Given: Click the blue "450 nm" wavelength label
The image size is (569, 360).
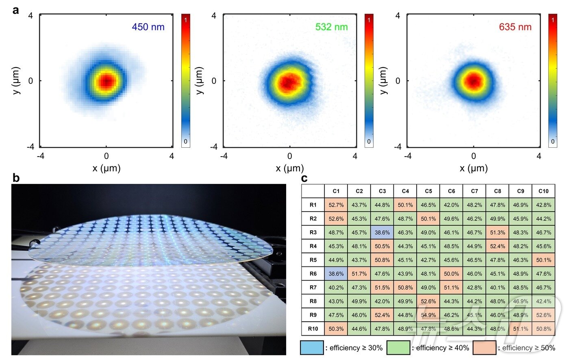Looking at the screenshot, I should pyautogui.click(x=148, y=27).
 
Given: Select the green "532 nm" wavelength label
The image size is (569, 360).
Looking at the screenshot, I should pyautogui.click(x=331, y=27).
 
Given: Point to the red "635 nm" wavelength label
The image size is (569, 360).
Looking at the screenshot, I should pyautogui.click(x=515, y=27).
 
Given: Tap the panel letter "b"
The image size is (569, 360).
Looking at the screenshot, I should pyautogui.click(x=16, y=178).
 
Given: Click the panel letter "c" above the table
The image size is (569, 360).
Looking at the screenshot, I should pyautogui.click(x=304, y=178).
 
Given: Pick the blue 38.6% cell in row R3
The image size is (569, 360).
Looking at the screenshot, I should pyautogui.click(x=382, y=233).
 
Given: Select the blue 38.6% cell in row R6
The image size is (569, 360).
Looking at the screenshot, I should pyautogui.click(x=336, y=274).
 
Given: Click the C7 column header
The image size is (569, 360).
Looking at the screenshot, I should pyautogui.click(x=474, y=191).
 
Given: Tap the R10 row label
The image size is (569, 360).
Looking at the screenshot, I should pyautogui.click(x=313, y=329).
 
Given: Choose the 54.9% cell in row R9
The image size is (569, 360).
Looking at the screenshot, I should pyautogui.click(x=428, y=315).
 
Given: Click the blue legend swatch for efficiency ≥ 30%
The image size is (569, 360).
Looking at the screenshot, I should pyautogui.click(x=312, y=348).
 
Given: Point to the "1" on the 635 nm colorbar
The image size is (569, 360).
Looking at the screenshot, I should pyautogui.click(x=553, y=20).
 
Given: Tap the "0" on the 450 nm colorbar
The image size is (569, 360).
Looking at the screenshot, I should pyautogui.click(x=186, y=142).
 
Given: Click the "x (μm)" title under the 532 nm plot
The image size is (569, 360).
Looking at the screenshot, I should pyautogui.click(x=290, y=168).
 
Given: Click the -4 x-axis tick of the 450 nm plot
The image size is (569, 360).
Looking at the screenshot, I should pyautogui.click(x=41, y=156).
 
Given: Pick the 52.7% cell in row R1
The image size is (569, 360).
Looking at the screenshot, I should pyautogui.click(x=336, y=205).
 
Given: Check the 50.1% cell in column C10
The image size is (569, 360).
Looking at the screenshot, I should pyautogui.click(x=543, y=260).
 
